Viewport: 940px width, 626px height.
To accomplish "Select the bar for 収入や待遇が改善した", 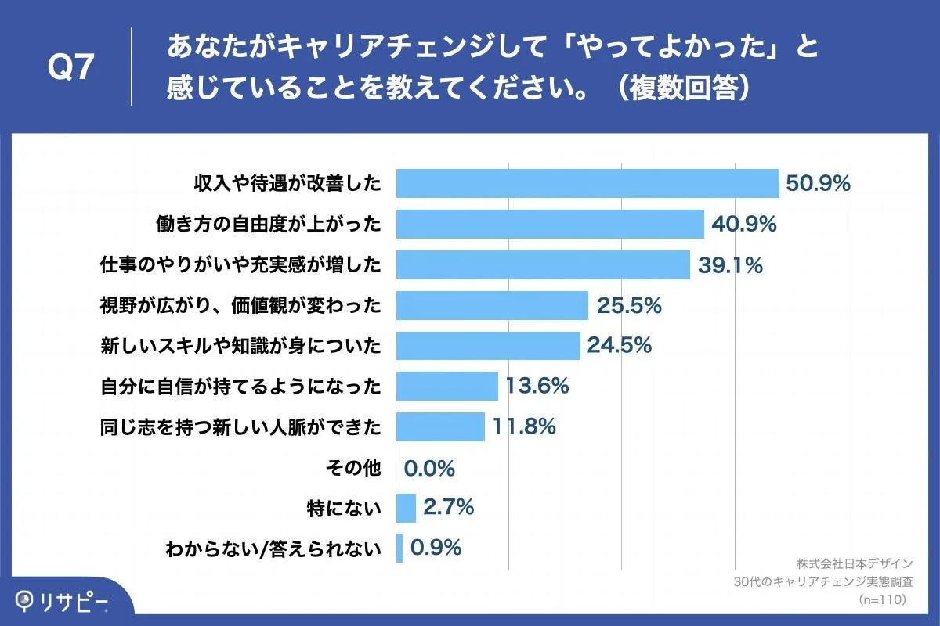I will click(587, 184).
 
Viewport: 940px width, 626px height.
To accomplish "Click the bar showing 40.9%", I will click(550, 225).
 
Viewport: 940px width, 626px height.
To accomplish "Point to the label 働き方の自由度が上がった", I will click(269, 225).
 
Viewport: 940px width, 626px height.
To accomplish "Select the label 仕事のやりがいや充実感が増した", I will click(241, 265).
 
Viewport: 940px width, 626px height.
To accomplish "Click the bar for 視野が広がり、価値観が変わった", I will click(492, 305).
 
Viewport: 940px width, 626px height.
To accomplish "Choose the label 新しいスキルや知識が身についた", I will click(241, 346).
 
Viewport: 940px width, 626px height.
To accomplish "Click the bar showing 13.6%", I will click(447, 386).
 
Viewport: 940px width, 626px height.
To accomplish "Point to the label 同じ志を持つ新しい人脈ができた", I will click(241, 427).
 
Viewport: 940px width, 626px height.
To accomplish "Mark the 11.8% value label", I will click(524, 426).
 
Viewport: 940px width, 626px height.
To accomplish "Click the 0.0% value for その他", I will click(429, 468).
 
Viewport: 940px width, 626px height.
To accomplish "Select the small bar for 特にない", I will click(406, 508).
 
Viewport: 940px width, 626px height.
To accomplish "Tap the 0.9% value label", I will click(436, 548).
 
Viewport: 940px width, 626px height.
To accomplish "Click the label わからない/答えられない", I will click(273, 549).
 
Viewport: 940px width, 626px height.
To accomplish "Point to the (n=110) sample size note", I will click(882, 599).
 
